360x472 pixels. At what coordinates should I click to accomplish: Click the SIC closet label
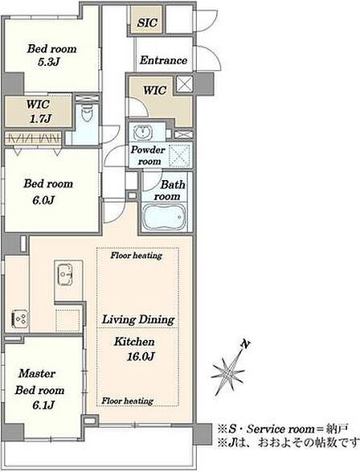pyautogui.click(x=147, y=23)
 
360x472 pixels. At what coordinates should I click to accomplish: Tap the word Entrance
pyautogui.click(x=163, y=60)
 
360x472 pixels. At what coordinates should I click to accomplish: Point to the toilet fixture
pyautogui.click(x=87, y=113)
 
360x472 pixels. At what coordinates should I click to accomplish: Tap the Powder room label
pyautogui.click(x=148, y=155)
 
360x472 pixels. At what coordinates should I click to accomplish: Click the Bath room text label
pyautogui.click(x=170, y=191)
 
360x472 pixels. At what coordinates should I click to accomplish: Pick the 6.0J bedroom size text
pyautogui.click(x=43, y=200)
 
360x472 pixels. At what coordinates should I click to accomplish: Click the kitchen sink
pyautogui.click(x=65, y=275)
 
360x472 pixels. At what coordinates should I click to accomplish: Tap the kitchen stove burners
pyautogui.click(x=20, y=318)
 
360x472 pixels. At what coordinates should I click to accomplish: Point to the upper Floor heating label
pyautogui.click(x=137, y=256)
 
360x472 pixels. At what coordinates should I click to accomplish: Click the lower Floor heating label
pyautogui.click(x=127, y=401)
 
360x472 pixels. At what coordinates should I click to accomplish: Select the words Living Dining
pyautogui.click(x=138, y=319)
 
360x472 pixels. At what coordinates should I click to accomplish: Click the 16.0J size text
pyautogui.click(x=141, y=357)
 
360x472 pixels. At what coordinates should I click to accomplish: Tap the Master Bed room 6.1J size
pyautogui.click(x=43, y=405)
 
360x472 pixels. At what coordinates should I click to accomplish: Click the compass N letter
pyautogui.click(x=246, y=344)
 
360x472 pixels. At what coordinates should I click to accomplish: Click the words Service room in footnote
pyautogui.click(x=280, y=429)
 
